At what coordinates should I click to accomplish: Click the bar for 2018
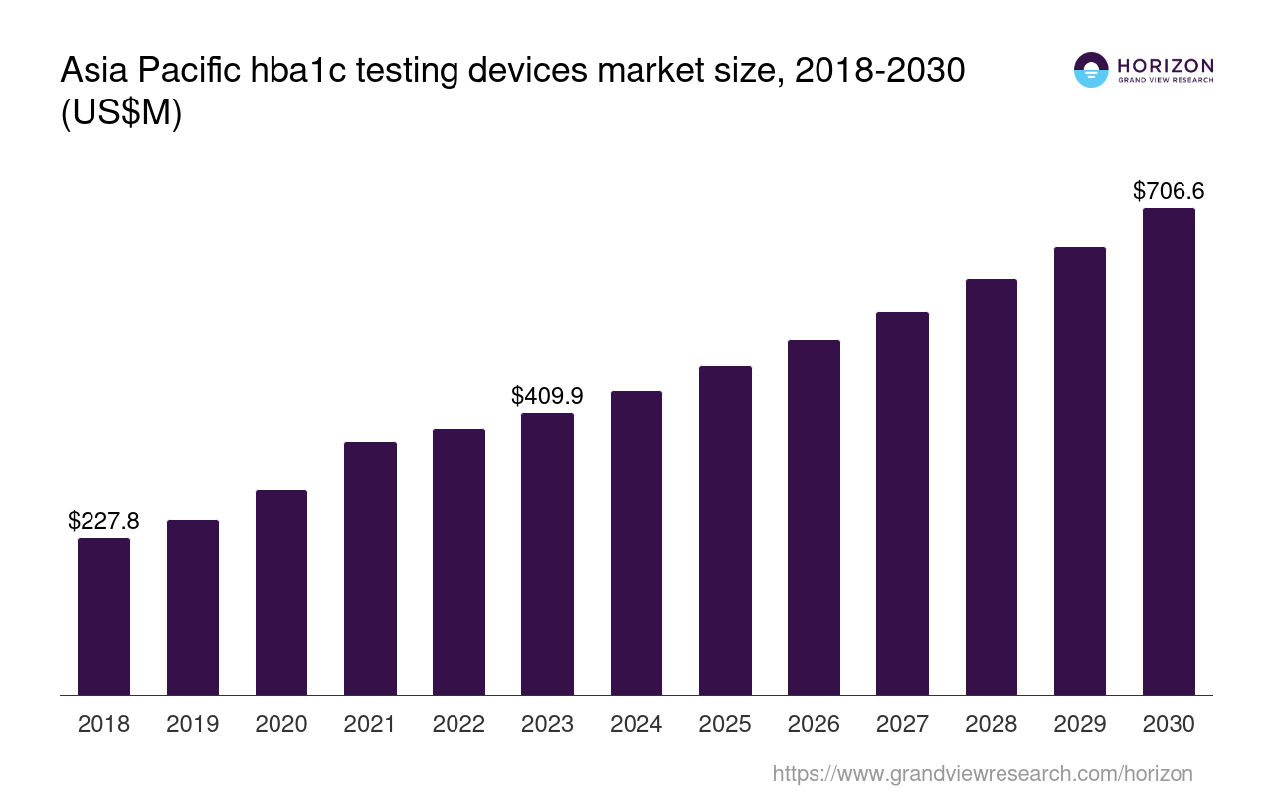point(103,616)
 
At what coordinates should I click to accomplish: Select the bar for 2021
point(370,567)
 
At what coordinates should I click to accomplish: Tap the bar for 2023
point(547,553)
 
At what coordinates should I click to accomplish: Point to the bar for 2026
point(814,517)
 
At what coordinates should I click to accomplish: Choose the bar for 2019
point(193,607)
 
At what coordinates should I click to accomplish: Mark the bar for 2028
point(991,487)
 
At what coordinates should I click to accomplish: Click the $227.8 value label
point(103,520)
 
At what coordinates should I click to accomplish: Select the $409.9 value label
point(547,395)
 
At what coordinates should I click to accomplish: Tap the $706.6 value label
point(1169,191)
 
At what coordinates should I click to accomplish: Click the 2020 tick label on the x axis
point(281,724)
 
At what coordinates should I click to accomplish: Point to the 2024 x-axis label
point(636,724)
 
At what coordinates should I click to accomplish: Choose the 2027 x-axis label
point(902,724)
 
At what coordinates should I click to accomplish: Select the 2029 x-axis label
point(1080,724)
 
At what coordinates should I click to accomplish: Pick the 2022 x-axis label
point(458,724)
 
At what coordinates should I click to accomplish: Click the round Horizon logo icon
point(1091,70)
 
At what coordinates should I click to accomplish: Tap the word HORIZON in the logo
point(1166,66)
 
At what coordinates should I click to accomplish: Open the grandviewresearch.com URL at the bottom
point(982,773)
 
